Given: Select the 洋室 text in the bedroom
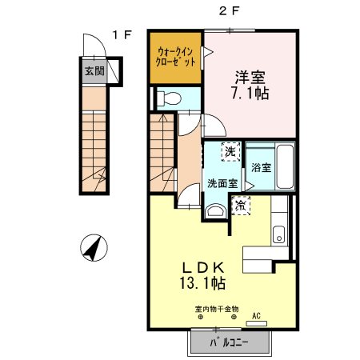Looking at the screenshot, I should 250,78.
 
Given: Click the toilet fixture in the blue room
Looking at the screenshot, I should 167,99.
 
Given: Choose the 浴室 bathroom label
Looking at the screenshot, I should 262,168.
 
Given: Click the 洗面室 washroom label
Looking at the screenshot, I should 222,182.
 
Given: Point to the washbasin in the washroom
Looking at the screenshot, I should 214,210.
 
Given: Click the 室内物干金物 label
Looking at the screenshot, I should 215,308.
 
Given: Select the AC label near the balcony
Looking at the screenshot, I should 258,316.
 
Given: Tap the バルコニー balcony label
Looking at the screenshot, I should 230,342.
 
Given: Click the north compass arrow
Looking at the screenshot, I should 94,249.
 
